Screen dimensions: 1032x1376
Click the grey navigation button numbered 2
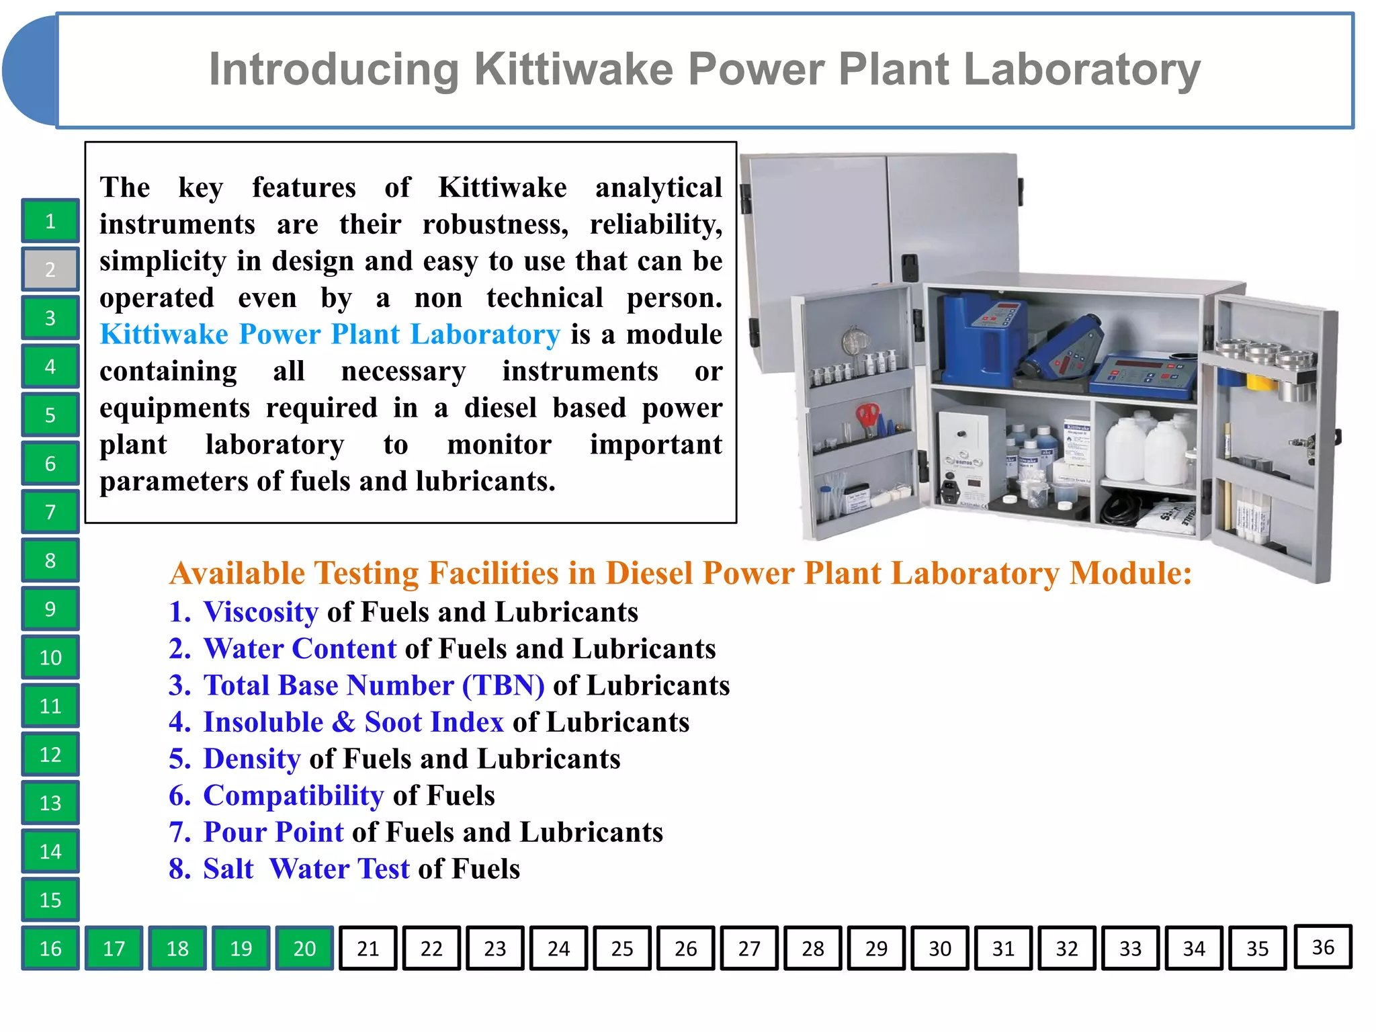click(50, 269)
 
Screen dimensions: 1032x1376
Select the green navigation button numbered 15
click(50, 900)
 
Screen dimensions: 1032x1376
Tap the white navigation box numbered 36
click(1322, 947)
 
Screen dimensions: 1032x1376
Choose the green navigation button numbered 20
click(304, 948)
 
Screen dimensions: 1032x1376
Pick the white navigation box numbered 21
click(368, 948)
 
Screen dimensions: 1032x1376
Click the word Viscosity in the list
click(261, 612)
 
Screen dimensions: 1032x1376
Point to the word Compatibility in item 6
click(293, 795)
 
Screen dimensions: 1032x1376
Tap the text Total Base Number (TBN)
click(374, 685)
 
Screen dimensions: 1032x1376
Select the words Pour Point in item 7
click(273, 832)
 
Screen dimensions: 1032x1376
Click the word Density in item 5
click(252, 759)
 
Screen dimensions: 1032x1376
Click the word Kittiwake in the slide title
click(574, 69)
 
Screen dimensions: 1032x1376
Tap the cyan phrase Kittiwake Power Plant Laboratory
click(329, 335)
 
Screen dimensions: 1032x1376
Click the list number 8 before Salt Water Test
click(179, 869)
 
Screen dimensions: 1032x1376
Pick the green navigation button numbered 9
click(50, 609)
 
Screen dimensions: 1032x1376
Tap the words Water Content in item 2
click(300, 649)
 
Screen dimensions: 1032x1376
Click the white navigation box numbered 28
click(812, 948)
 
